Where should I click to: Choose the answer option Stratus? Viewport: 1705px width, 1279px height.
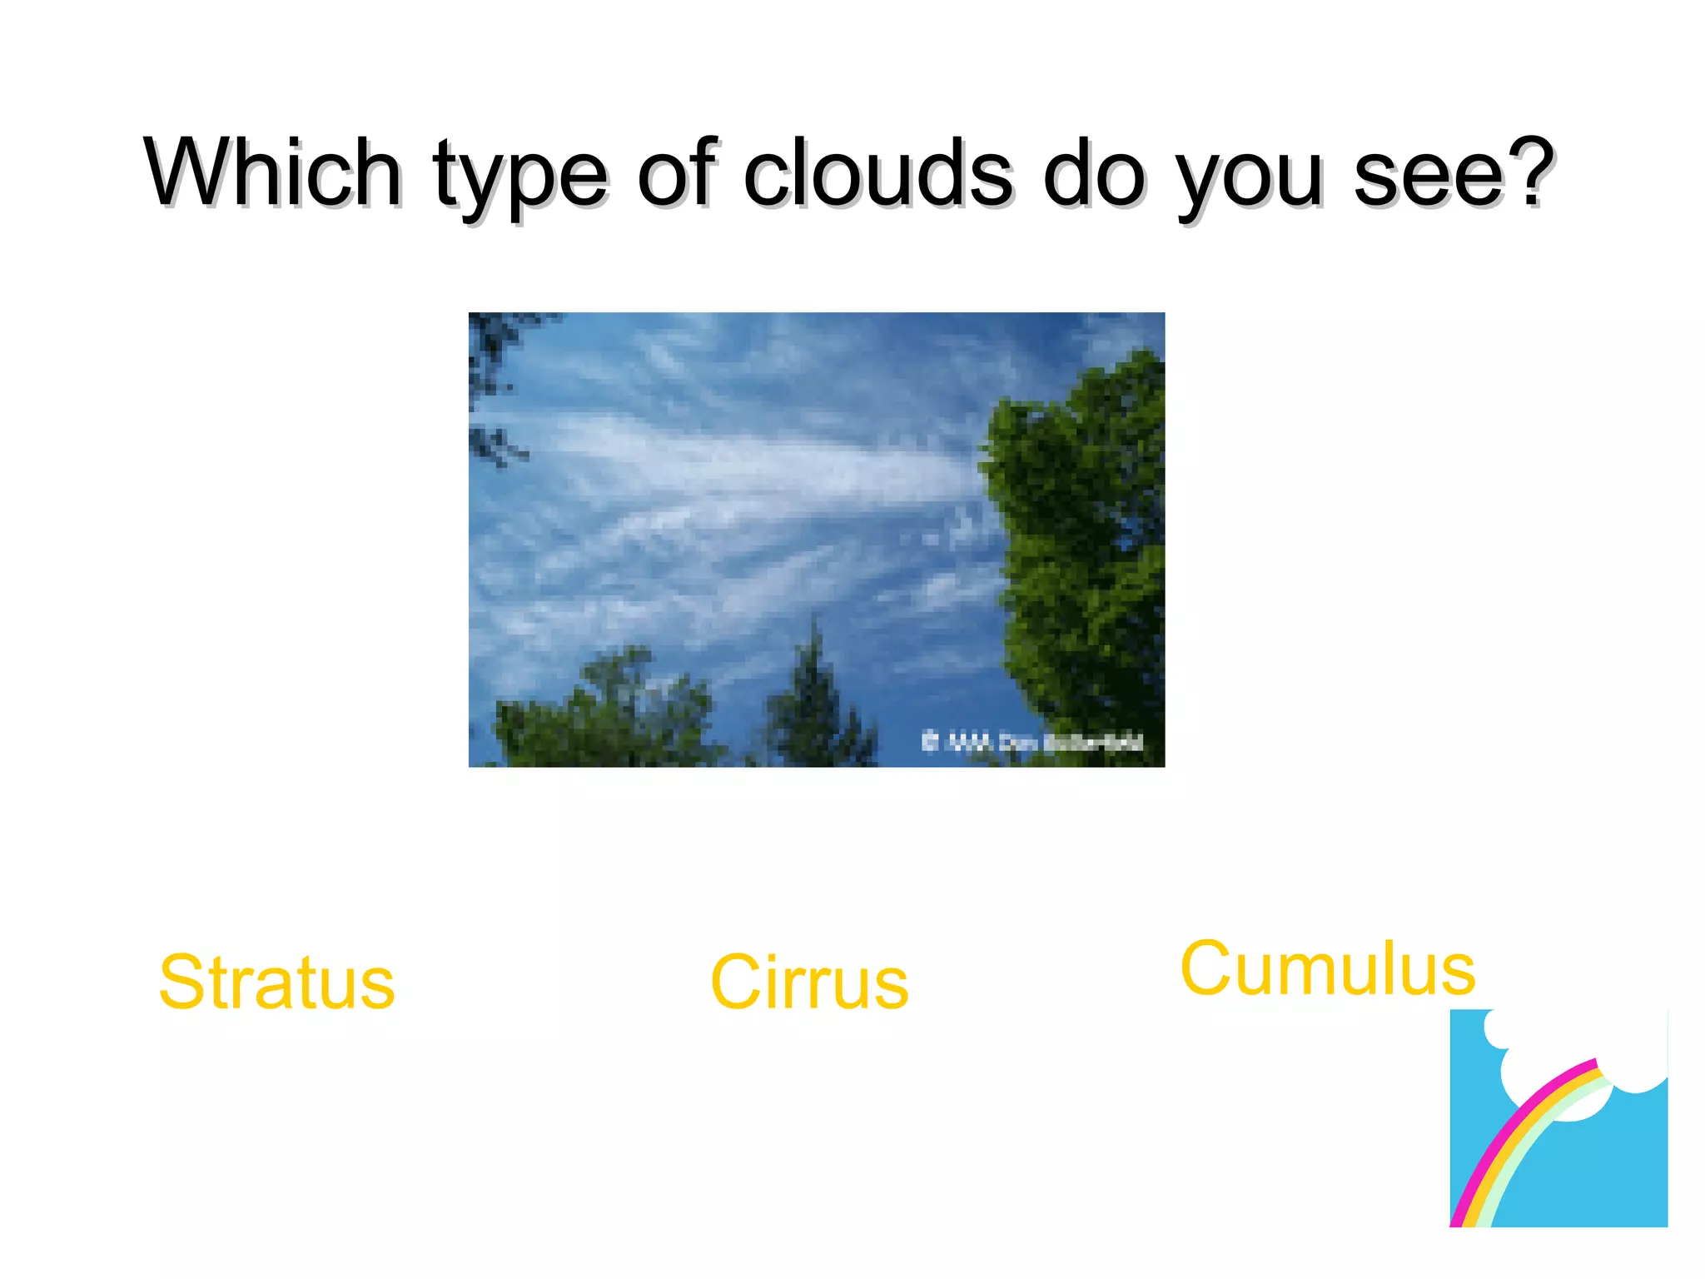(x=276, y=983)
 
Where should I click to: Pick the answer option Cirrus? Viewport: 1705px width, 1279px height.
(x=809, y=983)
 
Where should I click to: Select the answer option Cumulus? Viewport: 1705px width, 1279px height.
(x=1328, y=968)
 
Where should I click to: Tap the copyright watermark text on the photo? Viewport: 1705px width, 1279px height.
(x=1032, y=741)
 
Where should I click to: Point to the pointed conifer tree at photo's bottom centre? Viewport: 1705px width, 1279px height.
(x=816, y=699)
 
